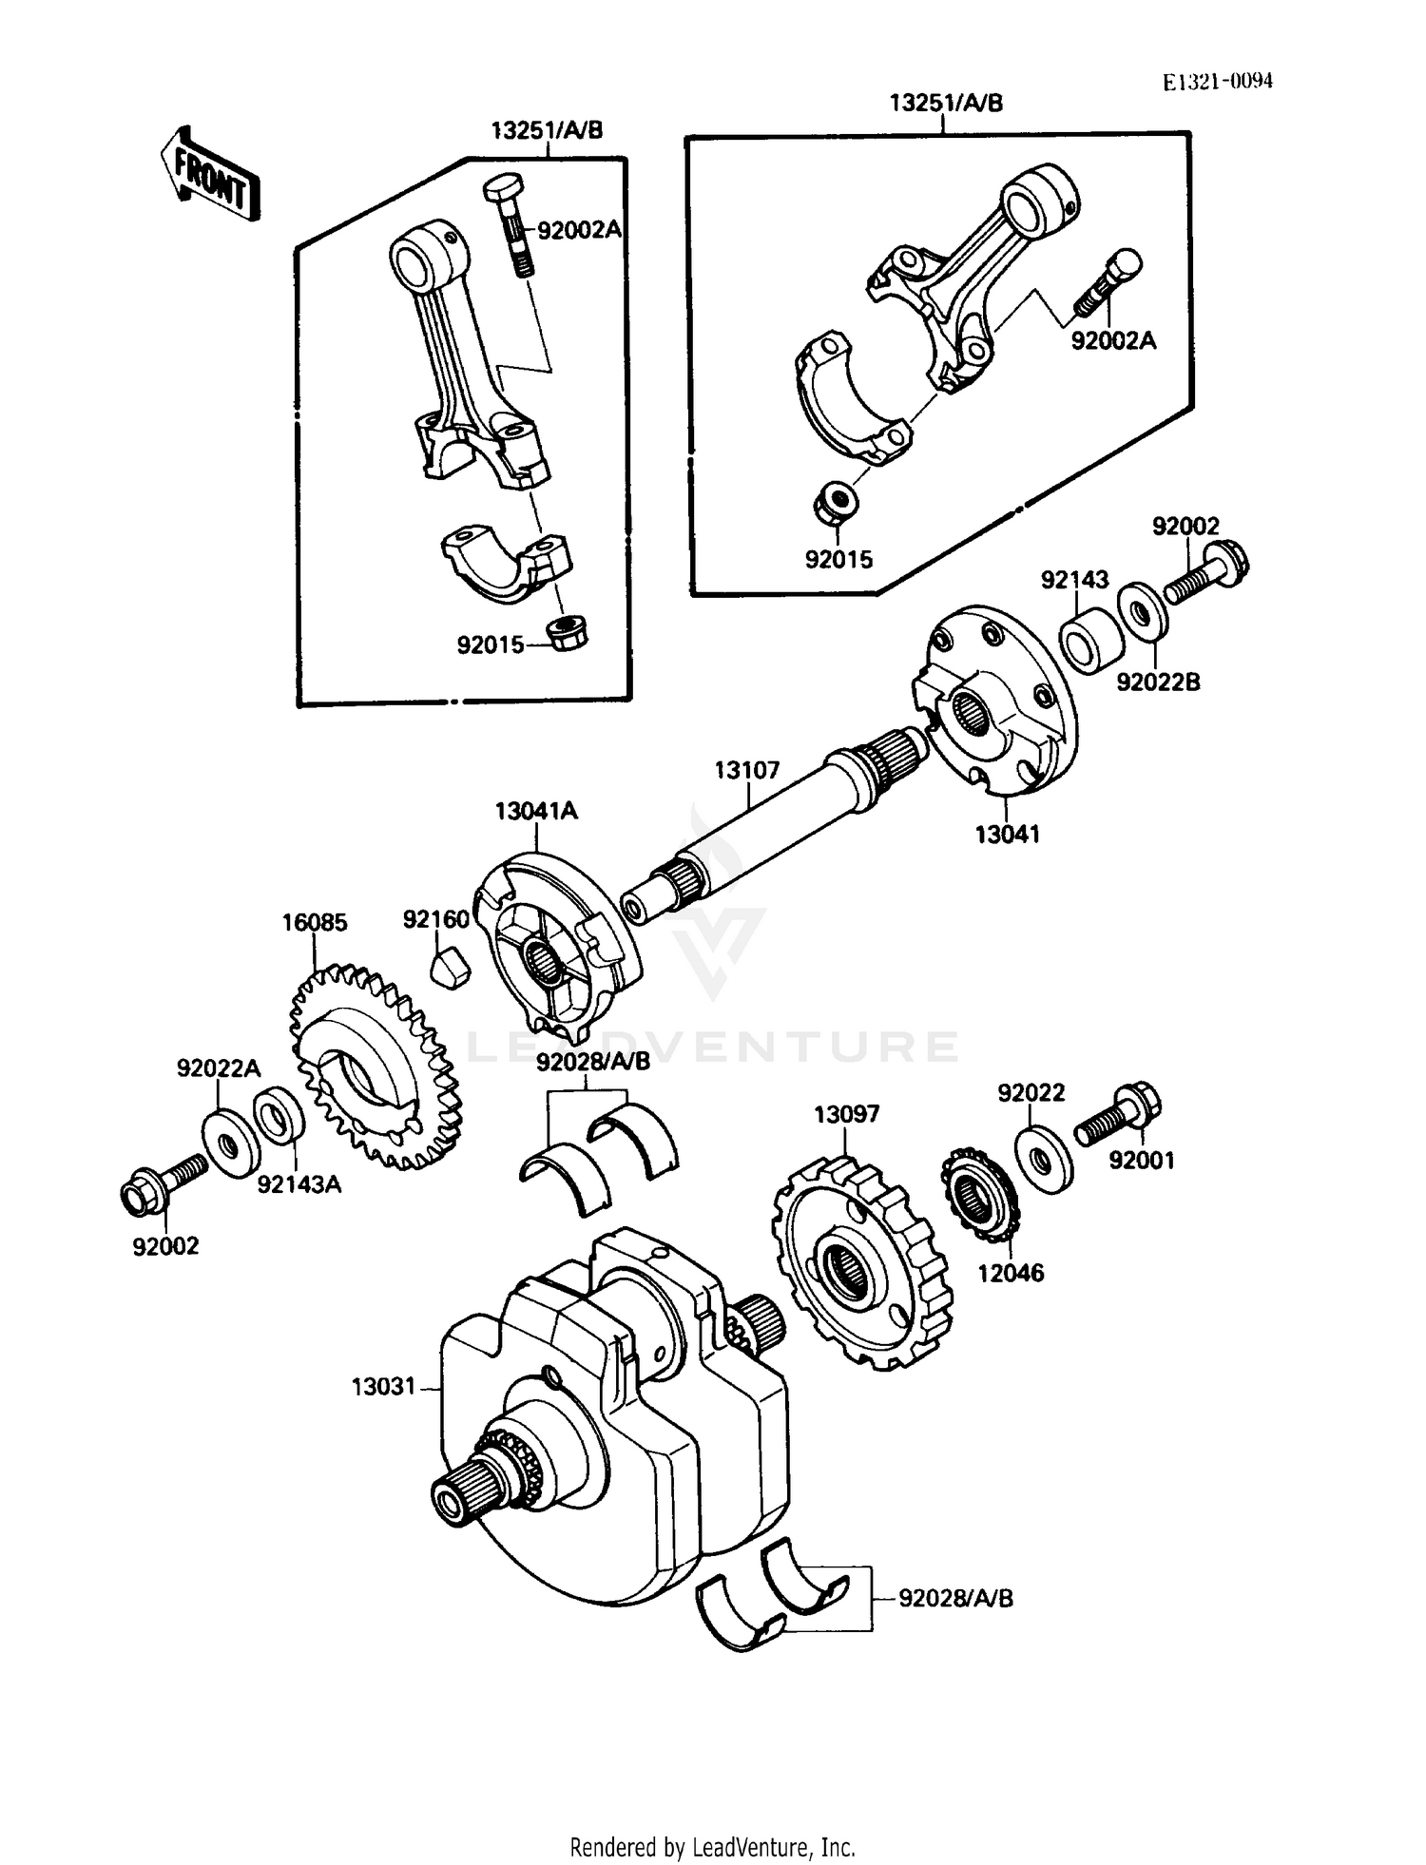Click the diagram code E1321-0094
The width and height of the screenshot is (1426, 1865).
point(1218,82)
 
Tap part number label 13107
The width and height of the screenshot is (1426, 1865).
point(747,770)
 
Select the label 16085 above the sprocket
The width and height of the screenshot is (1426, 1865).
point(315,923)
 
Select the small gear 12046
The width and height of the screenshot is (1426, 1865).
point(979,1194)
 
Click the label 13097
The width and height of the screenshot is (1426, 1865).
point(846,1114)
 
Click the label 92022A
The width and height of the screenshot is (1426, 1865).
point(218,1068)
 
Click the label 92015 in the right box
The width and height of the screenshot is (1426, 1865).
point(838,560)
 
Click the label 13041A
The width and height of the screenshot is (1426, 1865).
point(536,811)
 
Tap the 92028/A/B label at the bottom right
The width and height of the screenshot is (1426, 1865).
point(956,1599)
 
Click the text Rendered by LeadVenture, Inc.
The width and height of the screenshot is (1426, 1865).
point(712,1847)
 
